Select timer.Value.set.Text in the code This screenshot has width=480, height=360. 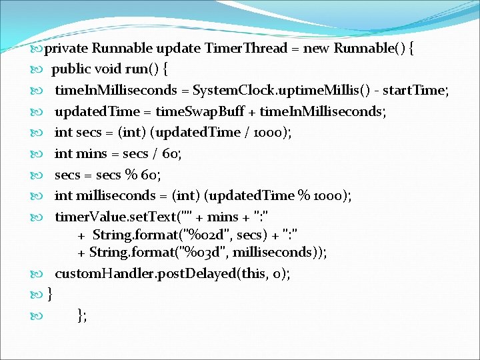click(113, 217)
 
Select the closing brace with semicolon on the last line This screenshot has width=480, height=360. click(82, 315)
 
